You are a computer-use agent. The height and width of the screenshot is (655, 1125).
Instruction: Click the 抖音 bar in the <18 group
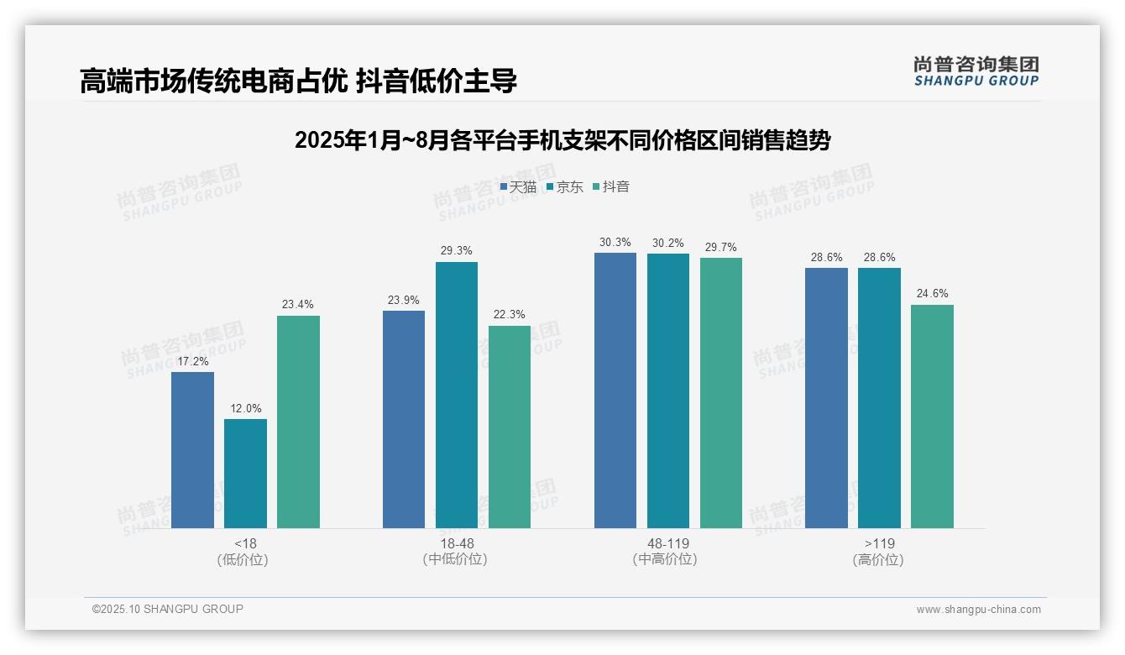pos(298,422)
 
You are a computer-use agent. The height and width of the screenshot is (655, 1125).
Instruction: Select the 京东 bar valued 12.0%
pos(245,474)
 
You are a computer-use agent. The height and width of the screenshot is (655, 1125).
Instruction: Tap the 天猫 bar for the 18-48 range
pos(404,419)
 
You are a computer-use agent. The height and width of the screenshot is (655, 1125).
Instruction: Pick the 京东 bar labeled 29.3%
pos(456,395)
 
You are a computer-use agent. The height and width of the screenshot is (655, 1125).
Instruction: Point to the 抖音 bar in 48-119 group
pos(720,392)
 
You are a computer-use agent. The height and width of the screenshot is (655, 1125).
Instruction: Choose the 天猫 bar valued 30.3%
pos(615,390)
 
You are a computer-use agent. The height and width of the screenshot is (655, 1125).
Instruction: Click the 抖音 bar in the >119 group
pos(932,416)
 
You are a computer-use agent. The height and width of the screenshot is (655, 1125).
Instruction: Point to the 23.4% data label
pos(298,305)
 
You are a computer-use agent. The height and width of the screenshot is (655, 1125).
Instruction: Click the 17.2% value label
pos(192,361)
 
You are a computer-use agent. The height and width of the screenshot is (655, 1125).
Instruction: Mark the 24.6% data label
pos(932,294)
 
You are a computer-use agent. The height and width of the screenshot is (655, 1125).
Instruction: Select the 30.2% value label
pos(668,244)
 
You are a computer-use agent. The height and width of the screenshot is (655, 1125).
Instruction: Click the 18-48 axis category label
pos(456,543)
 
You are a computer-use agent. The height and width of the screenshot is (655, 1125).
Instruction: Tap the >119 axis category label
pos(878,543)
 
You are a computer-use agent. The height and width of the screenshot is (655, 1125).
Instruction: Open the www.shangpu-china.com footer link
pos(978,610)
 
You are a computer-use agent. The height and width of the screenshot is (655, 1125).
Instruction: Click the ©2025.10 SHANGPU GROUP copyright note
pos(167,609)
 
